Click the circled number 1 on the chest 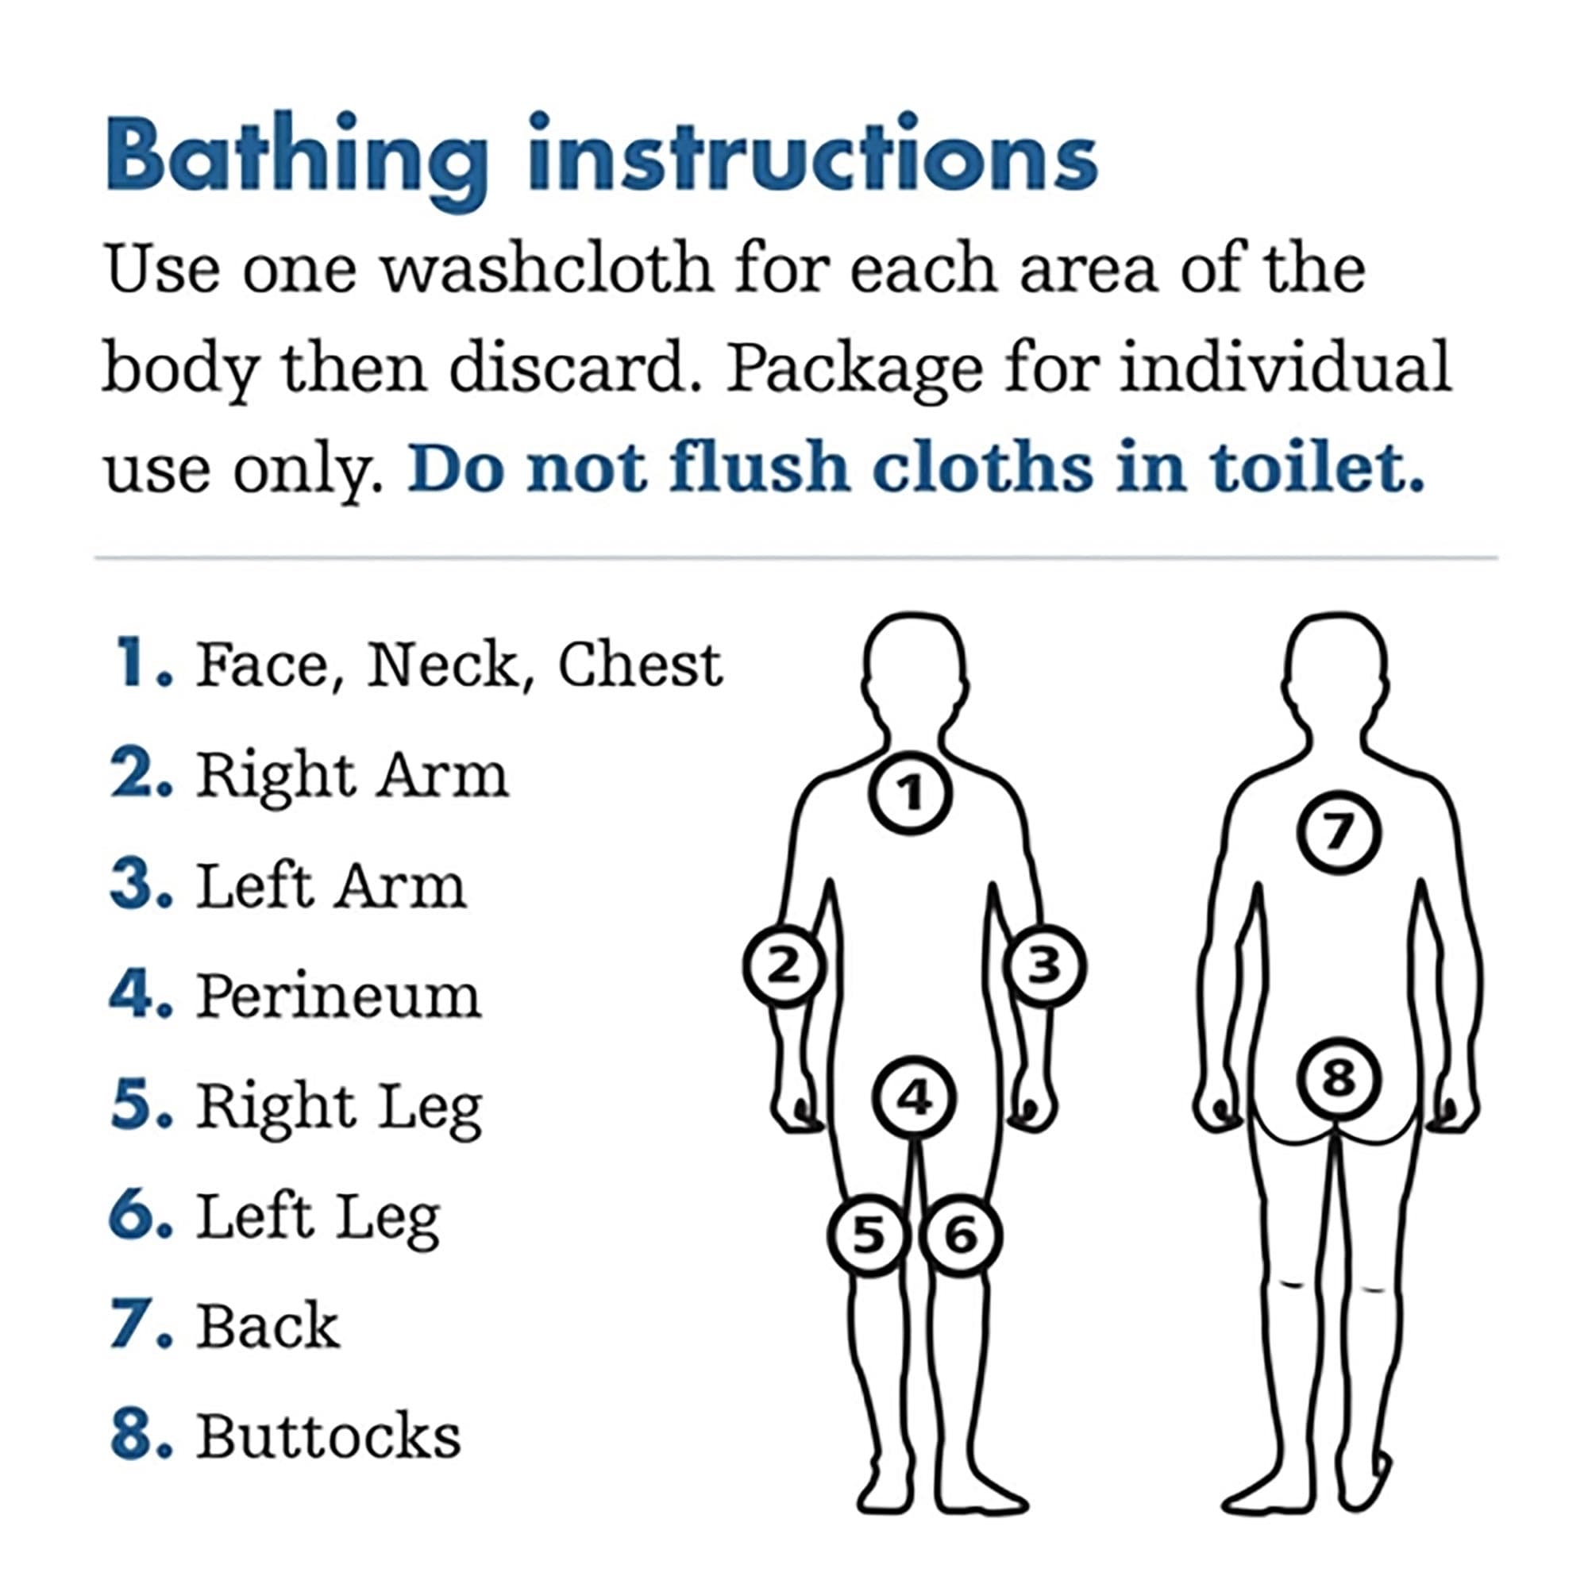pyautogui.click(x=911, y=793)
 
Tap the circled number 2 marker pyautogui.click(x=784, y=965)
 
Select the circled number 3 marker pyautogui.click(x=1044, y=965)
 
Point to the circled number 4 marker pyautogui.click(x=914, y=1098)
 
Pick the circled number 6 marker pyautogui.click(x=960, y=1235)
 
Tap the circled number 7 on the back pyautogui.click(x=1338, y=833)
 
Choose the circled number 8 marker pyautogui.click(x=1338, y=1077)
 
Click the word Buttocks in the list pyautogui.click(x=328, y=1437)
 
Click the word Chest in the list pyautogui.click(x=640, y=665)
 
